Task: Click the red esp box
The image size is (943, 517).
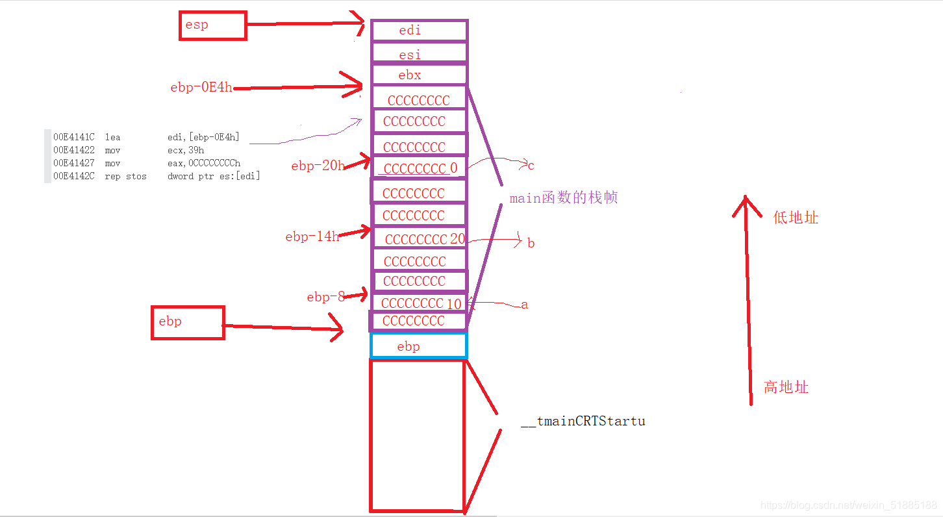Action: point(212,25)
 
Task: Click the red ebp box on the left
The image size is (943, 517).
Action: point(188,322)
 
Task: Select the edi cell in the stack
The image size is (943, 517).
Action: point(419,31)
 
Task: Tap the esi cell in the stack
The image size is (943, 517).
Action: point(419,54)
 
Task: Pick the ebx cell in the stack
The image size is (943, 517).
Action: point(419,75)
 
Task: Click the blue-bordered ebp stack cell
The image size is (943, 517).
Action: point(419,346)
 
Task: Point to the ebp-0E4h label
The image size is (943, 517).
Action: point(201,88)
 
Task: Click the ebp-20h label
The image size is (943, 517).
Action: point(318,166)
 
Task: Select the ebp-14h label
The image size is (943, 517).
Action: point(312,237)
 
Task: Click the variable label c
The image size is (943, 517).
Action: point(531,166)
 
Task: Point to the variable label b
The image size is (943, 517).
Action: point(531,244)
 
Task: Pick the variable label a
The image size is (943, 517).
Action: point(525,305)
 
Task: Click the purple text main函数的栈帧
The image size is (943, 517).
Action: point(563,198)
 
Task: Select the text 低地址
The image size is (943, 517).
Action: point(796,218)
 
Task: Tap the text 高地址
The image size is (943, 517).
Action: point(786,388)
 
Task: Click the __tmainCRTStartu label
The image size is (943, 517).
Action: point(583,421)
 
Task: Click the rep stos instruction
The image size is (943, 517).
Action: point(125,176)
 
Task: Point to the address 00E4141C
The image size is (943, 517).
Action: point(74,137)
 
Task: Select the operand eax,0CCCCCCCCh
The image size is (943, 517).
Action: point(204,163)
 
